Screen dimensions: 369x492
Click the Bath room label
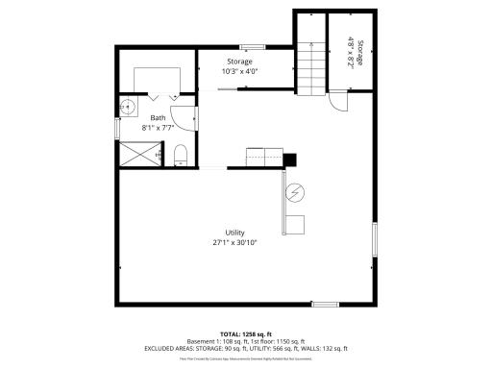click(158, 117)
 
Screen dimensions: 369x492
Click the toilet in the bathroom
click(181, 154)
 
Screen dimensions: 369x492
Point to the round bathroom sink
click(128, 106)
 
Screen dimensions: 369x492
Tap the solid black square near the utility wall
click(290, 160)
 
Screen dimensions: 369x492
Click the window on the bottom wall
click(325, 304)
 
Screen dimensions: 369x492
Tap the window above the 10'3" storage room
click(253, 45)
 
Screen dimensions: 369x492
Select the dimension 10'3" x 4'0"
click(239, 71)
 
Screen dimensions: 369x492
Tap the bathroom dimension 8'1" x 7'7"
click(158, 126)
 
